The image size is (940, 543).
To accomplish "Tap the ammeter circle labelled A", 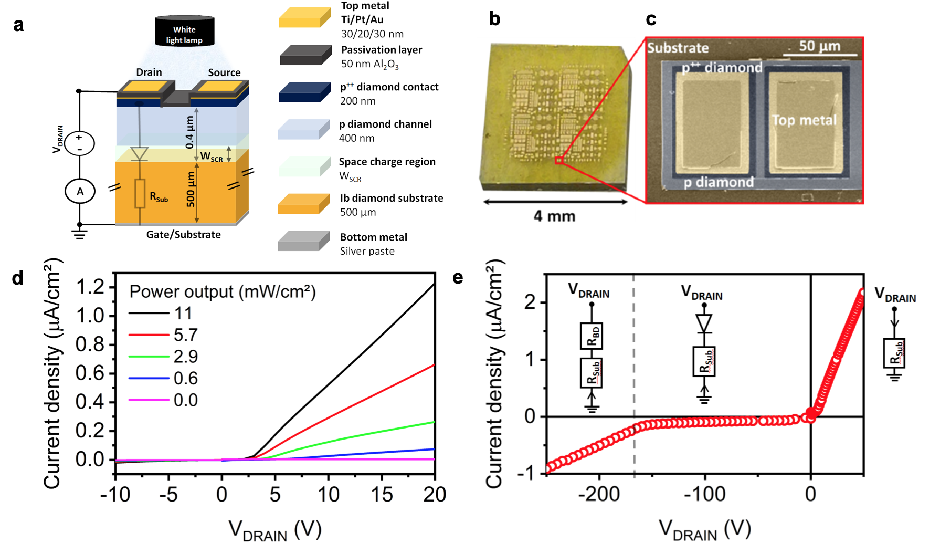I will pos(80,192).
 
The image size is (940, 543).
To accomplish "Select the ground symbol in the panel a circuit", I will pos(80,233).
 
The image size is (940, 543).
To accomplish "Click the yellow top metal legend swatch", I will pos(304,17).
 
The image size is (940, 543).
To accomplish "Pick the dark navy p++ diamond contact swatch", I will pos(304,92).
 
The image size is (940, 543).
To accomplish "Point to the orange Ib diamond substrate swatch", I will pos(304,204).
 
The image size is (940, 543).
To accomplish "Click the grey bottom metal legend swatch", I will pos(304,242).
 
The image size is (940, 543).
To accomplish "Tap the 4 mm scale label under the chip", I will pos(554,216).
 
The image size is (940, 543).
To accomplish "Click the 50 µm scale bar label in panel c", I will pos(819,46).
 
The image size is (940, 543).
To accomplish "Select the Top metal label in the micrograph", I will pos(804,120).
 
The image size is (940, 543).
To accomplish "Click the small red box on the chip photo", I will pos(559,160).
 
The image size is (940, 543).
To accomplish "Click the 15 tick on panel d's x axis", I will pos(382,494).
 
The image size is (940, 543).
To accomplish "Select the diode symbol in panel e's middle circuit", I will pos(704,323).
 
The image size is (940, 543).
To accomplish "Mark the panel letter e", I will pos(458,277).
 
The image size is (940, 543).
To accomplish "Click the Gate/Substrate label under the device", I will pos(183,235).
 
